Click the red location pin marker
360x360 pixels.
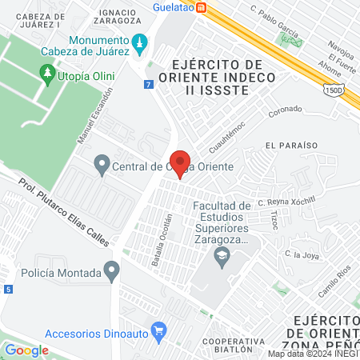pyautogui.click(x=180, y=163)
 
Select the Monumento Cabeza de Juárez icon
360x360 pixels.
pyautogui.click(x=141, y=42)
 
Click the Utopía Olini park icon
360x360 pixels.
pyautogui.click(x=47, y=74)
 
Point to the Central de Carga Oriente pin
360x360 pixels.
pyautogui.click(x=102, y=166)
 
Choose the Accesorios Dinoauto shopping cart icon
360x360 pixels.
pyautogui.click(x=158, y=330)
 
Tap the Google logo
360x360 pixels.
pyautogui.click(x=26, y=350)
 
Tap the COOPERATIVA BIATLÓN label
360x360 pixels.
pyautogui.click(x=234, y=345)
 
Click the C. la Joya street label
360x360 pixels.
pyautogui.click(x=302, y=256)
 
